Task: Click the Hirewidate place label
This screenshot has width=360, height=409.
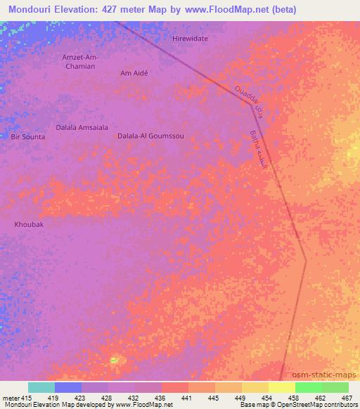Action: coord(190,39)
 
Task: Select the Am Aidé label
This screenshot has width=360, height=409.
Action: coord(136,73)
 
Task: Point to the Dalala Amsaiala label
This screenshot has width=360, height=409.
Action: coord(82,127)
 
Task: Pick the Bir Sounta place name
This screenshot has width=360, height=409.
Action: coord(28,136)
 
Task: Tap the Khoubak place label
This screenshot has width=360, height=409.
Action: coord(30,225)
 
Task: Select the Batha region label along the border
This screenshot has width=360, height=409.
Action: coord(259,148)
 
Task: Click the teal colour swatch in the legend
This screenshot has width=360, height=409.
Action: coord(41,387)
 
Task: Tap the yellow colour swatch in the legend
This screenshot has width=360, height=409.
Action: coord(281,387)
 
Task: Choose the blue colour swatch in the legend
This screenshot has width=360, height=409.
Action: coord(68,387)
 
